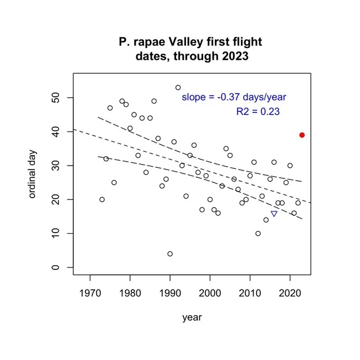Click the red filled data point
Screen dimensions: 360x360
(302, 135)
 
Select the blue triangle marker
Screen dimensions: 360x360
(274, 214)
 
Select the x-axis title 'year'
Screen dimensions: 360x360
(192, 317)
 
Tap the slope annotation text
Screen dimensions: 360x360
(234, 97)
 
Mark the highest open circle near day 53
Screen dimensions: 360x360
(178, 88)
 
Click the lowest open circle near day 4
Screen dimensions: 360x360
(170, 254)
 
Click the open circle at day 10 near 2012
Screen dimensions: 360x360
(258, 233)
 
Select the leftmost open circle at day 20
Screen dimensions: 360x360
(102, 199)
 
